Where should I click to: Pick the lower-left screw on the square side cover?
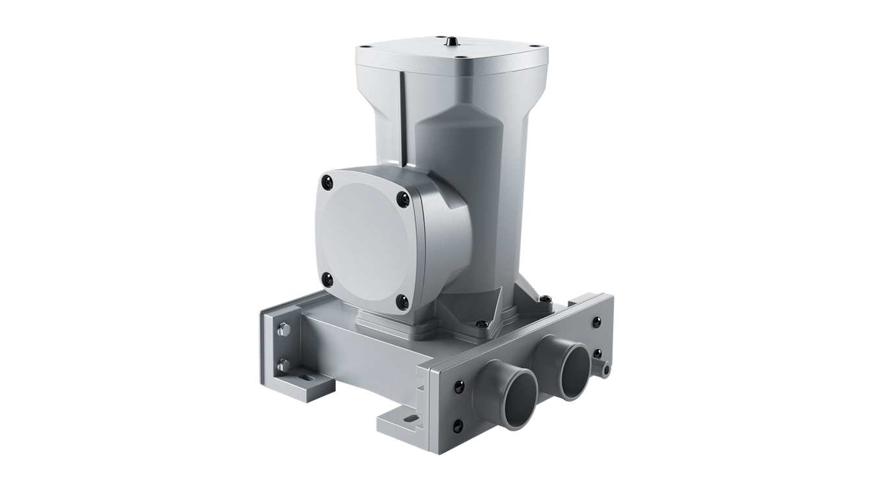[x=327, y=280]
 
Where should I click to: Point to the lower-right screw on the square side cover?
[x=402, y=301]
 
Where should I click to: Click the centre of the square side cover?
[x=365, y=240]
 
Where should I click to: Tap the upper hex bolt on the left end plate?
[x=283, y=330]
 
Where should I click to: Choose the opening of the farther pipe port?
[x=574, y=370]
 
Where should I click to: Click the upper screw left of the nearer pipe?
[x=459, y=387]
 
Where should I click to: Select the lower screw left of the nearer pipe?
[x=458, y=427]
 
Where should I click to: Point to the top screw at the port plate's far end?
[x=596, y=321]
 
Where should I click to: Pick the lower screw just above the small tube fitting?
[x=597, y=355]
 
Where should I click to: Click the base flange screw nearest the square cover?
[x=481, y=323]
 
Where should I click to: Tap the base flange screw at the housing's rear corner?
[x=545, y=299]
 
